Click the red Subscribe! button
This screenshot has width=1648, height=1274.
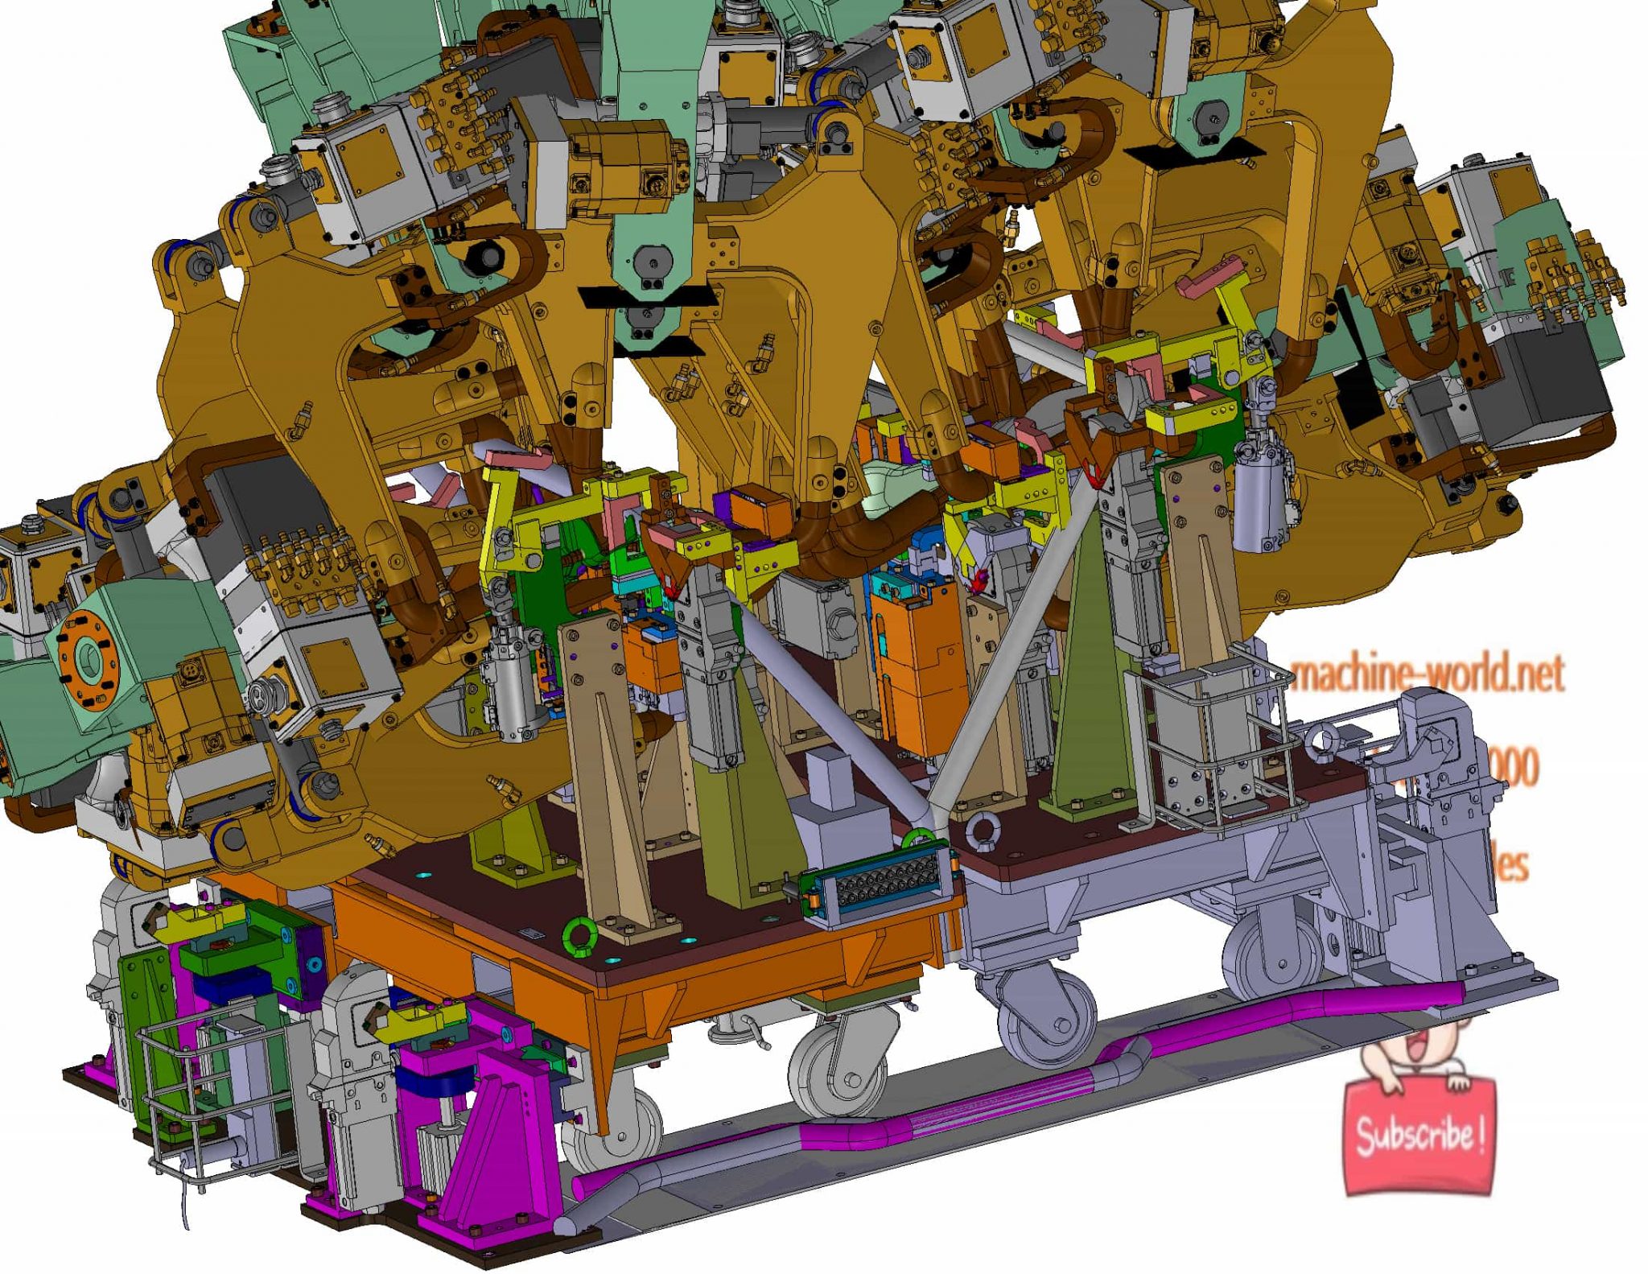point(1419,1136)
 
